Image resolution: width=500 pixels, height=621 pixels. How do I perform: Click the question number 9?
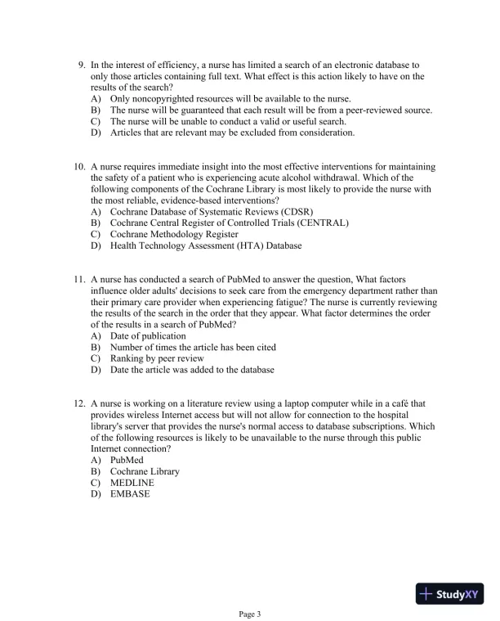pos(82,64)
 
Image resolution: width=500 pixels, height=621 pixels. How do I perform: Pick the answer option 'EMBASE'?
pos(130,494)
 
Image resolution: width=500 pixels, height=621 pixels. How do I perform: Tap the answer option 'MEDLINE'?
pos(132,483)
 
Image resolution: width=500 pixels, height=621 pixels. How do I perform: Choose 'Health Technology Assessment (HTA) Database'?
pos(205,245)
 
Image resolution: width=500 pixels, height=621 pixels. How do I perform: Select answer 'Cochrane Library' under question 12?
pos(145,471)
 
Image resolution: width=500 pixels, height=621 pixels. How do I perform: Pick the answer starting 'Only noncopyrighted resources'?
pos(230,98)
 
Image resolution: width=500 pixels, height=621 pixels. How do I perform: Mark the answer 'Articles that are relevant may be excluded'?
pos(232,133)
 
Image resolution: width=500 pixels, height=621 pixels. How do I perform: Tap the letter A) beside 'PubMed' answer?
pos(96,460)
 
